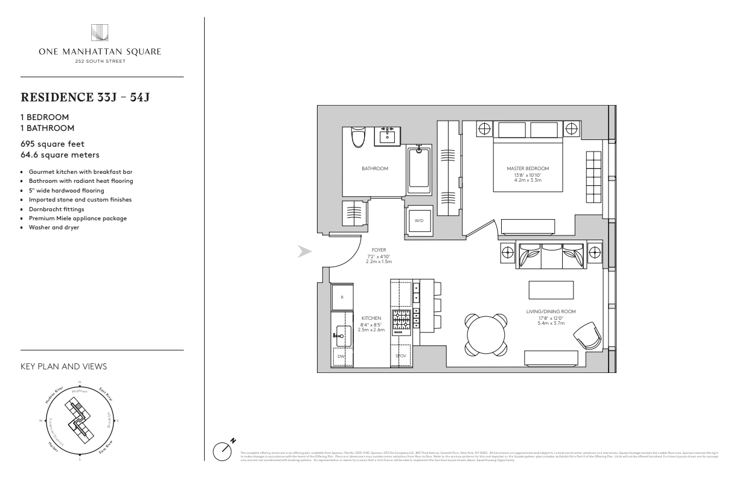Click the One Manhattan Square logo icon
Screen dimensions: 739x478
(98, 32)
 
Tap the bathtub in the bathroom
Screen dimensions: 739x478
(418, 169)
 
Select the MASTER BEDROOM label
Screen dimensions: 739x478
(519, 168)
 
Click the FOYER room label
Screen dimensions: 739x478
(379, 250)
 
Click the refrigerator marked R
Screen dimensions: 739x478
(342, 297)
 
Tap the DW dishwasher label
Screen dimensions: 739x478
(342, 356)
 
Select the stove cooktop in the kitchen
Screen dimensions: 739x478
(401, 322)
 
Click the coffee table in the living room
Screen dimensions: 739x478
(551, 290)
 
